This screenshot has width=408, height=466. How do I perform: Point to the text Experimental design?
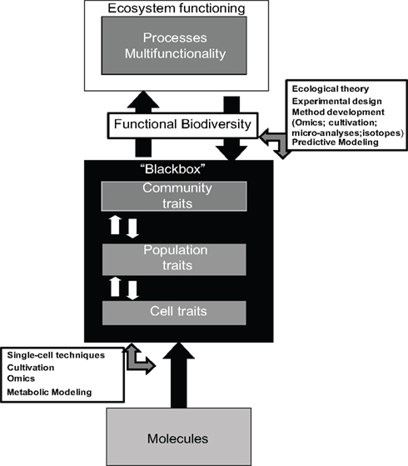(330, 98)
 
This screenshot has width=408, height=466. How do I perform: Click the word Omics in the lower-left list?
(21, 378)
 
